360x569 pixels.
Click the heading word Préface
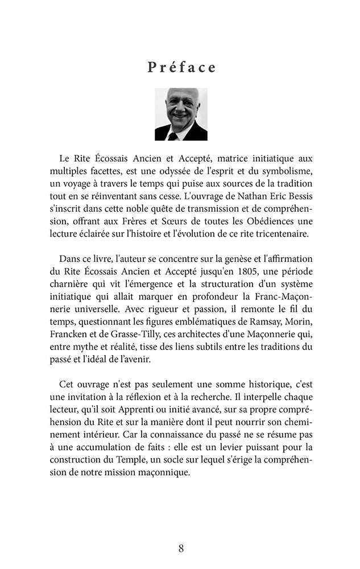pyautogui.click(x=182, y=67)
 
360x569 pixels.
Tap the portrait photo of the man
pyautogui.click(x=181, y=114)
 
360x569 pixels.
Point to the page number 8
pyautogui.click(x=181, y=549)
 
